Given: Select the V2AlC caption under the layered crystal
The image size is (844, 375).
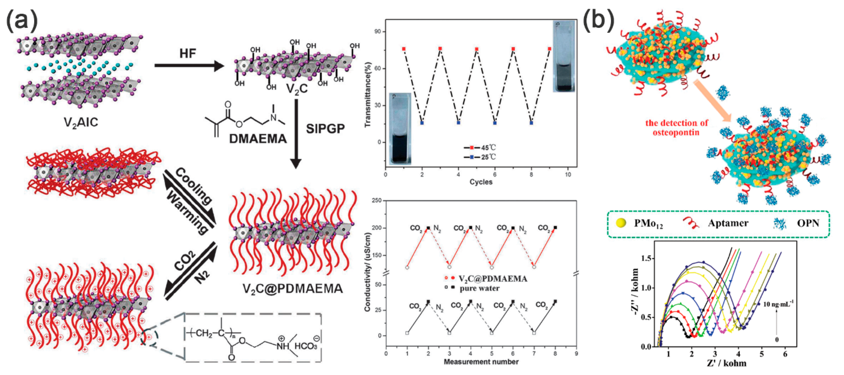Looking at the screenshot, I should (81, 122).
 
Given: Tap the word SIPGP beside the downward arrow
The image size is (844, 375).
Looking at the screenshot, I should (325, 129).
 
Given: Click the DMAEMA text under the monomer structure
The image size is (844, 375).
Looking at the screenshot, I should (258, 139).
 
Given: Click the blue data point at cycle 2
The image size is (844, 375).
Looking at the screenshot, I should (422, 123).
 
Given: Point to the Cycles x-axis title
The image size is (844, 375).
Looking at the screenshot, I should (481, 182).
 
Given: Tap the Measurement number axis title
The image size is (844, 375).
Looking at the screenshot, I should (481, 362).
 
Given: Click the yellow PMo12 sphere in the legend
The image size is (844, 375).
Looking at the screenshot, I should (621, 223).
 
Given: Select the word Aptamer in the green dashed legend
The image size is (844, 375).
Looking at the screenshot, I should (728, 223).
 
